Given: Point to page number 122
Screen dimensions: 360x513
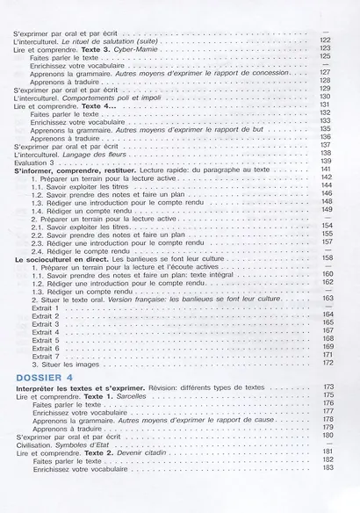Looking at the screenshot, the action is pos(325,40).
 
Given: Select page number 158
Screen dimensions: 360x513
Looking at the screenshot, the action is pos(325,258).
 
